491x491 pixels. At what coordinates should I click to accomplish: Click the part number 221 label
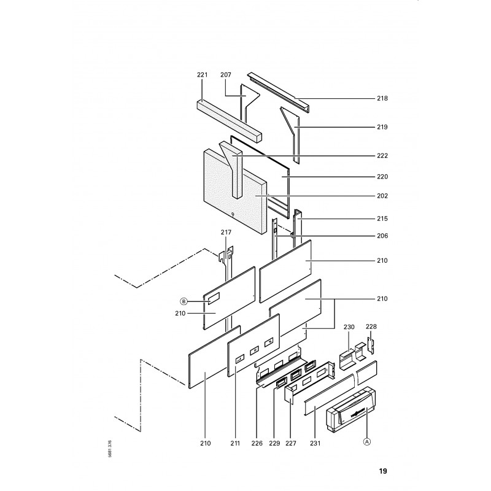click(x=203, y=75)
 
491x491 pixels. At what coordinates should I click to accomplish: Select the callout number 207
click(x=226, y=75)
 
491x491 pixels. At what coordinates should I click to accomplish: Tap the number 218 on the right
click(x=382, y=98)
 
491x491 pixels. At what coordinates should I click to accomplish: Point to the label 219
click(x=382, y=127)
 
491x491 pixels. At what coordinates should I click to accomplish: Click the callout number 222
click(x=382, y=156)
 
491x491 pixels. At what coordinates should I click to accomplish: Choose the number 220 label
click(x=382, y=177)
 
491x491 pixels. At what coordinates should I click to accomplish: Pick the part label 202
click(x=382, y=196)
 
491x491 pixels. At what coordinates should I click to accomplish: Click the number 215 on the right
click(x=382, y=218)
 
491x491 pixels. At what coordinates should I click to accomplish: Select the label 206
click(x=382, y=236)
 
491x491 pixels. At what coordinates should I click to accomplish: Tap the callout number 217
click(x=226, y=232)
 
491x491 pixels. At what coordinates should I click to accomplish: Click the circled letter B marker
click(x=183, y=301)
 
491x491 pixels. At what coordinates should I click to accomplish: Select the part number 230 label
click(x=349, y=327)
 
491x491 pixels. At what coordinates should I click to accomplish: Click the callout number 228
click(x=371, y=327)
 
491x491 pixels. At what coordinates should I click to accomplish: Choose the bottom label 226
click(x=257, y=443)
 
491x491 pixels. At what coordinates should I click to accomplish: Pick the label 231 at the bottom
click(x=314, y=443)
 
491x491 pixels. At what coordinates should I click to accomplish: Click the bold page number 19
click(x=382, y=471)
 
